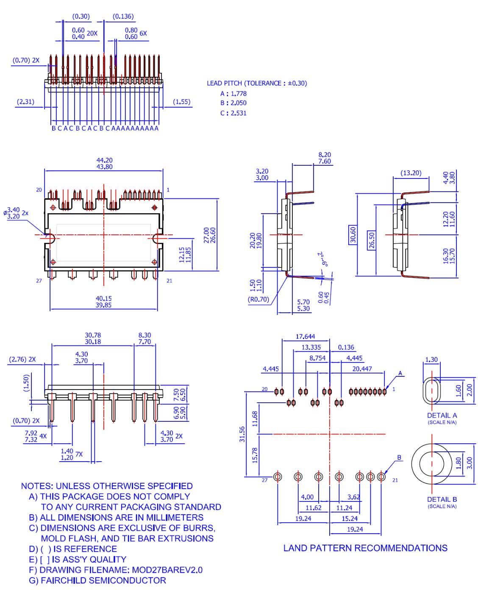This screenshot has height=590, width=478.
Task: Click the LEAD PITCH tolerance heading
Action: click(x=256, y=83)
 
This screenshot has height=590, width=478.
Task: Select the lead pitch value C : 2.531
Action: click(x=233, y=113)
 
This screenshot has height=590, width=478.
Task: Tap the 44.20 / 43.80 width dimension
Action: click(x=104, y=164)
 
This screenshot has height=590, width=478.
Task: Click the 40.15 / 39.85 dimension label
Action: click(x=103, y=302)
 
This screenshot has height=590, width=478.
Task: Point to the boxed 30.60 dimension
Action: click(x=353, y=235)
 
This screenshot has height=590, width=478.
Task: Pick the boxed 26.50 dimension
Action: click(x=372, y=240)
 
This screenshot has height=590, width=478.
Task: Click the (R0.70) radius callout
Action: click(x=258, y=299)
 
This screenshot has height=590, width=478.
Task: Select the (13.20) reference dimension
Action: click(x=411, y=173)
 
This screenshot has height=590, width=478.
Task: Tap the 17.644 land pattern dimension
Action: click(x=305, y=337)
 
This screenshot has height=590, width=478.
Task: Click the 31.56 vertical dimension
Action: click(x=242, y=434)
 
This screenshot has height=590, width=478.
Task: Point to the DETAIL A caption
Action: click(x=442, y=415)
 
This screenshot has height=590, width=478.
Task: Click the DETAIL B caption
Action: click(x=442, y=499)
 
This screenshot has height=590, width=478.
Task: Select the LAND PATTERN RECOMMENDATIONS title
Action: click(x=365, y=548)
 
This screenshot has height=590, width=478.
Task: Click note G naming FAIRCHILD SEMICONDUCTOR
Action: click(x=97, y=581)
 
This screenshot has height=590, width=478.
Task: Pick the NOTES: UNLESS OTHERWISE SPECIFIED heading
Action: click(x=107, y=486)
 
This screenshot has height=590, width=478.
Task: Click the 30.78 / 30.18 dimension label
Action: click(x=93, y=338)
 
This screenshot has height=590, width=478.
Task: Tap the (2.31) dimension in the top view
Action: click(x=25, y=102)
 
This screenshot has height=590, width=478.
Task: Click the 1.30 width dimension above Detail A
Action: click(x=431, y=360)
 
